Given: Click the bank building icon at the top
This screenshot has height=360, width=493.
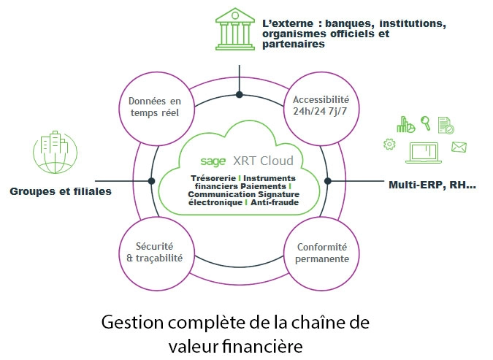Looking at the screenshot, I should tap(239, 30).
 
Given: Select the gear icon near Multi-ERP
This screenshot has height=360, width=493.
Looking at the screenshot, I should tap(389, 145).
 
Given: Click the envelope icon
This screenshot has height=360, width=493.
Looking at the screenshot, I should tap(459, 147).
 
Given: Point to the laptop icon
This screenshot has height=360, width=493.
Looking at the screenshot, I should tap(424, 150).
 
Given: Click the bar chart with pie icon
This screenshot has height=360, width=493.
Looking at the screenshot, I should tap(405, 125).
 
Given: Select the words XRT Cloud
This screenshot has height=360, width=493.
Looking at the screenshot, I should tap(263, 161).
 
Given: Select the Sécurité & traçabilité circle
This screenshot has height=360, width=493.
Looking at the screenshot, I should tap(154, 252).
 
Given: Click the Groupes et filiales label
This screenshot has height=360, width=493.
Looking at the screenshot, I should tap(61, 191).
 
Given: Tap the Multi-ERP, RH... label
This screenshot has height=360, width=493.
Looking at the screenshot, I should tap(432, 185).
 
